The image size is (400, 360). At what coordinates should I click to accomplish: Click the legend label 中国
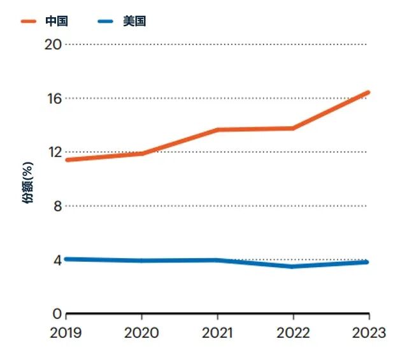57,21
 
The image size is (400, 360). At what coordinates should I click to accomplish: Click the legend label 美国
134,21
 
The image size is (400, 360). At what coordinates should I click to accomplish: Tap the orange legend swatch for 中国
29,22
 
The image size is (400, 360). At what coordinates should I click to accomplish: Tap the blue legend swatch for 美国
105,22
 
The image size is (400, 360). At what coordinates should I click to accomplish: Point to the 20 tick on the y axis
53,45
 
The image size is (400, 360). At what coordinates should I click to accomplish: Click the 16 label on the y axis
54,99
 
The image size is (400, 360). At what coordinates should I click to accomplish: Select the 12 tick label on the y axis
55,152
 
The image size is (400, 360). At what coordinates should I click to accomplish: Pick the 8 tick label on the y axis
58,206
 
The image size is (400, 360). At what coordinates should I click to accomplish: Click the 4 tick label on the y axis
58,260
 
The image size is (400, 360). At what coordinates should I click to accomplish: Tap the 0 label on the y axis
57,313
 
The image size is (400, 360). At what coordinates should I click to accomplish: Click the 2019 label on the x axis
66,333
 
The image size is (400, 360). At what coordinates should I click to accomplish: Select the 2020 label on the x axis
141,333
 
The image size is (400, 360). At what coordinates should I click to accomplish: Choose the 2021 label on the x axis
217,333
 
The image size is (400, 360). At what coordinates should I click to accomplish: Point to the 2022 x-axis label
294,333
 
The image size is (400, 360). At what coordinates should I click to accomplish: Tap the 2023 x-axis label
369,333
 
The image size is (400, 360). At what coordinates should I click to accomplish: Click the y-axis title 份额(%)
27,183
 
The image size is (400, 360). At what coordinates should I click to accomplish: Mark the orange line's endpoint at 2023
368,92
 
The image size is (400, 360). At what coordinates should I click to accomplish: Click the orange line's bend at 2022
293,128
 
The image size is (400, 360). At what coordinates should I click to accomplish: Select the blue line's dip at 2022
292,266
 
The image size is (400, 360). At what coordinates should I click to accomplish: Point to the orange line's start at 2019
68,160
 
